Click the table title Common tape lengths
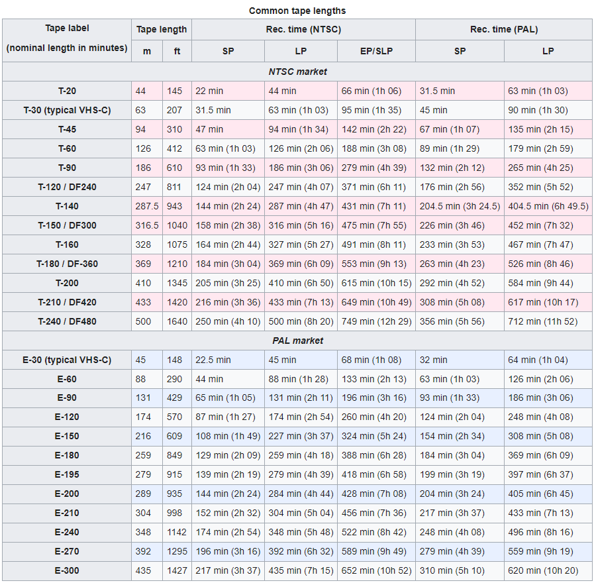pyautogui.click(x=297, y=11)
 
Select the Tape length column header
pyautogui.click(x=162, y=29)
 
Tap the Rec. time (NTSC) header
pyautogui.click(x=303, y=29)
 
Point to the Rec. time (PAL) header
pyautogui.click(x=503, y=29)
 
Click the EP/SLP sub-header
pyautogui.click(x=375, y=51)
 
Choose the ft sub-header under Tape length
pyautogui.click(x=177, y=51)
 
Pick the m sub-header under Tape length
pyautogui.click(x=146, y=51)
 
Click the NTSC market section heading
pyautogui.click(x=297, y=72)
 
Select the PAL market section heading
pyautogui.click(x=297, y=341)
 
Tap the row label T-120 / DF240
pyautogui.click(x=67, y=187)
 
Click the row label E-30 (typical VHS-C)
pyautogui.click(x=67, y=360)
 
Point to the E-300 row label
pyautogui.click(x=67, y=571)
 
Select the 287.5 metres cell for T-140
pyautogui.click(x=146, y=206)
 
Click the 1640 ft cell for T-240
pyautogui.click(x=177, y=321)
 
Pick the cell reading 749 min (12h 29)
pyautogui.click(x=375, y=321)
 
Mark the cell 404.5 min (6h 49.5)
pyautogui.click(x=548, y=206)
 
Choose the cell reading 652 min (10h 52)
pyautogui.click(x=376, y=571)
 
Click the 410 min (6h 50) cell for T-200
pyautogui.click(x=300, y=283)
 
